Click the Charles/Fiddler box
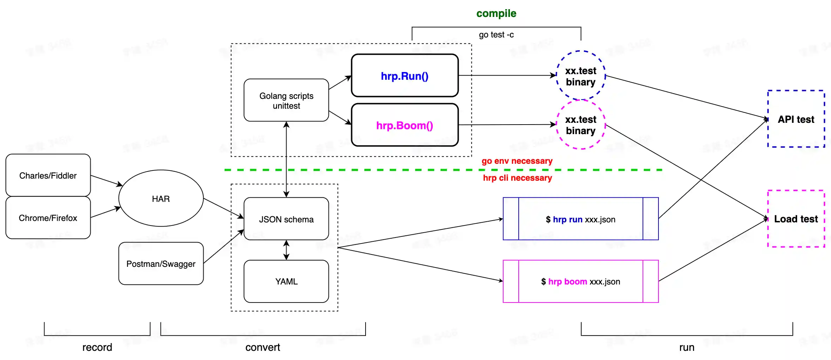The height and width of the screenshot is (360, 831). pos(48,175)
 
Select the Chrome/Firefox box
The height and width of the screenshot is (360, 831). pos(48,218)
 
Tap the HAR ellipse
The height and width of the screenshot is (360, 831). pos(161,199)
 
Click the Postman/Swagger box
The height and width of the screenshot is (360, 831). pos(161,264)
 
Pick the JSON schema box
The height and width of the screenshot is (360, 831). pos(286,219)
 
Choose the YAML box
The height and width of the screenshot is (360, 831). pos(286,281)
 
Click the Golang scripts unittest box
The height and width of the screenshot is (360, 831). pos(286,101)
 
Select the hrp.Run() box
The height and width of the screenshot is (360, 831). pos(405,76)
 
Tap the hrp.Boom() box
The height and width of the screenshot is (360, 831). pos(405,125)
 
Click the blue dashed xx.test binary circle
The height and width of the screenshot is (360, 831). pos(580,76)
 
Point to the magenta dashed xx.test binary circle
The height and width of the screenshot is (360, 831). pos(580,125)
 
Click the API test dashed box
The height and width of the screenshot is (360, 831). pos(796,119)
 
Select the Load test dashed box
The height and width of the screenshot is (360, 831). pos(796,219)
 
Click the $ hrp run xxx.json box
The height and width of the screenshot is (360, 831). pos(580,219)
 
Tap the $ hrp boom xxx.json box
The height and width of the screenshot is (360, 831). pos(580,281)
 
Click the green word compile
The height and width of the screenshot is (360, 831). pos(496,13)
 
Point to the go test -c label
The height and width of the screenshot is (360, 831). pos(496,35)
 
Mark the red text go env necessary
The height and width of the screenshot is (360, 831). pos(517,161)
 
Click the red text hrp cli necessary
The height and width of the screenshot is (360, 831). pos(517,178)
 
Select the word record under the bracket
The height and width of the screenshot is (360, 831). pos(97,347)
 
